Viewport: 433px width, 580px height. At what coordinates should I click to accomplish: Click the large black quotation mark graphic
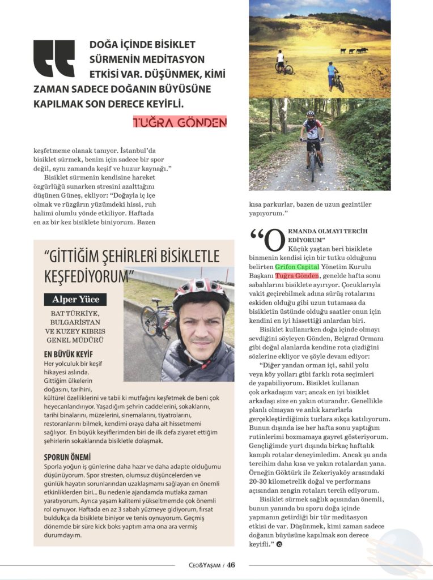[x=54, y=58]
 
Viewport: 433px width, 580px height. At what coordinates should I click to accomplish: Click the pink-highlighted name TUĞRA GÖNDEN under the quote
[x=180, y=121]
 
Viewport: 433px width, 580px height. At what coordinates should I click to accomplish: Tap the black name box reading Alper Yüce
[x=75, y=299]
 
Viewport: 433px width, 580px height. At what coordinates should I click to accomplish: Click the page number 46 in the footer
[x=231, y=564]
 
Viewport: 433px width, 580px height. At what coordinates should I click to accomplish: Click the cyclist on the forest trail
[x=312, y=142]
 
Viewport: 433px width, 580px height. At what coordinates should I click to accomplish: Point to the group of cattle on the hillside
[x=354, y=51]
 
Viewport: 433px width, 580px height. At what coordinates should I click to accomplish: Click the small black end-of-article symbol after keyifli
[x=279, y=544]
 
